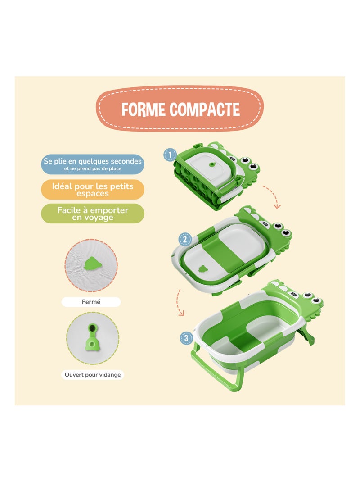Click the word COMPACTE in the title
205,109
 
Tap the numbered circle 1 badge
170,155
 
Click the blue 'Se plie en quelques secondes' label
92,164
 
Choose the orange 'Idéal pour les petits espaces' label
92,189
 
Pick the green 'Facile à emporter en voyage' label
92,214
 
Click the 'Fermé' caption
91,302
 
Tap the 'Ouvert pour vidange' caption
92,374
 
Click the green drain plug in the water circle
93,262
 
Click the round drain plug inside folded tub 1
209,166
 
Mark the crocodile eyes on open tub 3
312,298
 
